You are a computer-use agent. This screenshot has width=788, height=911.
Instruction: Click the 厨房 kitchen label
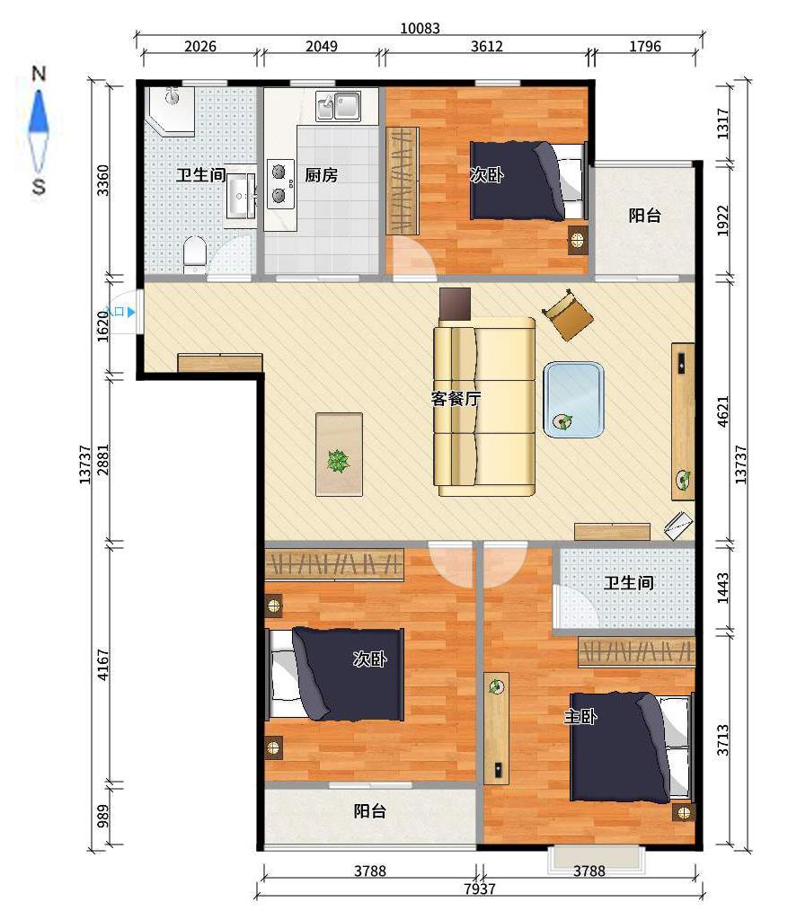point(322,175)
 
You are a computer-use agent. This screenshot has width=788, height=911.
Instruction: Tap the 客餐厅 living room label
point(456,399)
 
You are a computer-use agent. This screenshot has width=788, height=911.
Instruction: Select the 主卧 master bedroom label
point(580,717)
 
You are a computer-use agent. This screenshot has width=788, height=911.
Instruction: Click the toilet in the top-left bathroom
point(195,254)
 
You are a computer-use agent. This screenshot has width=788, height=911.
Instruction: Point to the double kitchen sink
point(338,106)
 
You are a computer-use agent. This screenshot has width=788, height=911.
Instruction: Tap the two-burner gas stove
point(279,184)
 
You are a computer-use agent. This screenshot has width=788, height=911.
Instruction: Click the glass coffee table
point(573,400)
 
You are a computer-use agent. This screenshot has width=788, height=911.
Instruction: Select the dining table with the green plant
point(339,455)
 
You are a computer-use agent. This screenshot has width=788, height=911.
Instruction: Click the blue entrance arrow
point(131,312)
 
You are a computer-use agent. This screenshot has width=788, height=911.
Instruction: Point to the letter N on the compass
point(39,74)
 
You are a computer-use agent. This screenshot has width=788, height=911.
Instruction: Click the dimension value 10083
point(421,28)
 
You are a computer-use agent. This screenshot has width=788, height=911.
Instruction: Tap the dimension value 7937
point(480,889)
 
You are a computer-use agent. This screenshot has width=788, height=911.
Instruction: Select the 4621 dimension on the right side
point(722,411)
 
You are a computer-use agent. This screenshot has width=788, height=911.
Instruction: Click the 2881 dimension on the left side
point(102,460)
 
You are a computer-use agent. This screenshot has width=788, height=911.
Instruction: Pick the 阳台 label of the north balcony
point(644,216)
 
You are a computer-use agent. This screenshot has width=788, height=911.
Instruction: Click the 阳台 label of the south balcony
point(369,811)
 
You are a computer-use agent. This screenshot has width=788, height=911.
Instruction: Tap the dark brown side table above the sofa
point(455,304)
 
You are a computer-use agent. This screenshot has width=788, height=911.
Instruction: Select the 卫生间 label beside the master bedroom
point(629,583)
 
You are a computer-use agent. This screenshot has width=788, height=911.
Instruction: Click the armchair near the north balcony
point(568,314)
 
